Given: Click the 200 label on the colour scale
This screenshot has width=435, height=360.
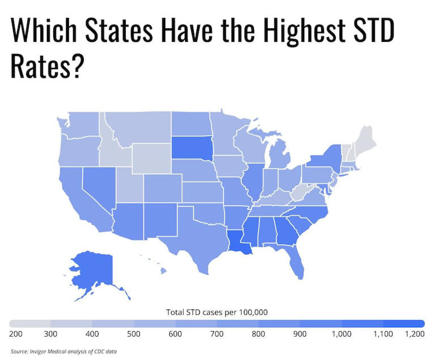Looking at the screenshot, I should pos(16,335).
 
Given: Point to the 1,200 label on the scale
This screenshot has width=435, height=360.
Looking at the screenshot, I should pos(415,335).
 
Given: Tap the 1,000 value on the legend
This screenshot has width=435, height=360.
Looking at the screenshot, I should pos(342,335).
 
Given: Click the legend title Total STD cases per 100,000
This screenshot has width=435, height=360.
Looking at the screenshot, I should pos(216,312).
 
